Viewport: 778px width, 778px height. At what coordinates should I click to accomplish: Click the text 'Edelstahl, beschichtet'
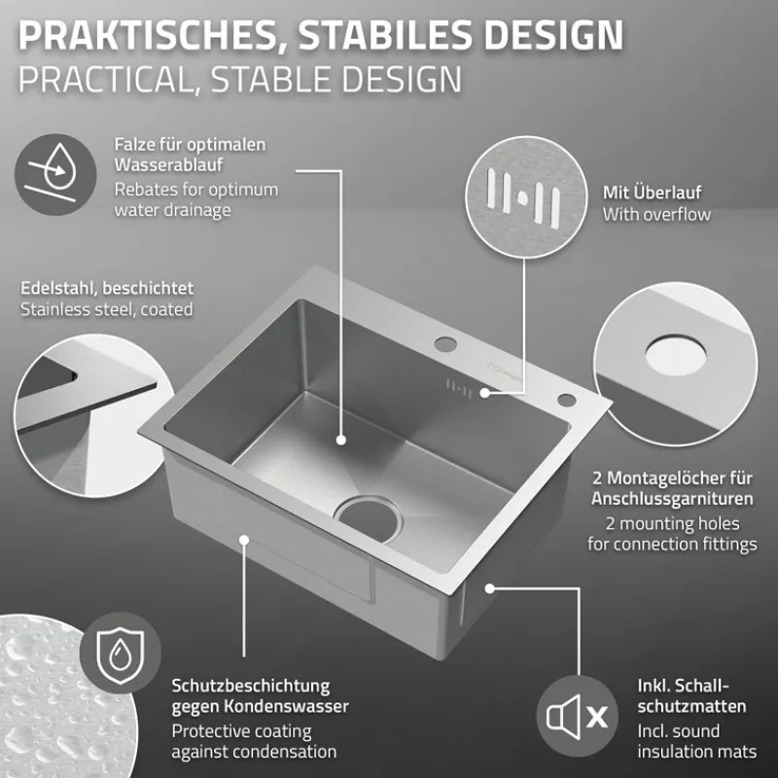point(107,288)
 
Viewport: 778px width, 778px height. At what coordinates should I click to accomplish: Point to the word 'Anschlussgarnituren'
point(673,499)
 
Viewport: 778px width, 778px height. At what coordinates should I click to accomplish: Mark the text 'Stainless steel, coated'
point(106,309)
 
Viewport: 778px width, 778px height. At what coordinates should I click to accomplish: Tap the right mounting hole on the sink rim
point(564,402)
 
